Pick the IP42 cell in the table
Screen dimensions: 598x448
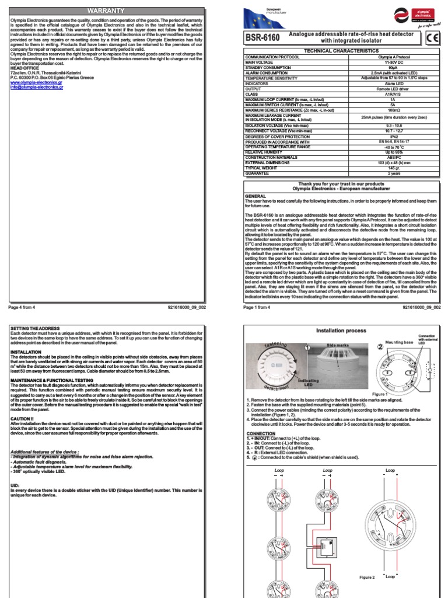tap(394, 136)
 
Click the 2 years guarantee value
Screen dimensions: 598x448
tap(394, 173)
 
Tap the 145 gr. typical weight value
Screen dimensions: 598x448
tap(394, 168)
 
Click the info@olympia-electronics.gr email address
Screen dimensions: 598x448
tap(37, 88)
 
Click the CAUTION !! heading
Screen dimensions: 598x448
tap(24, 403)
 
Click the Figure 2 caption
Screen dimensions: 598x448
tap(366, 576)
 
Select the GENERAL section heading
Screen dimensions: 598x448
tap(255, 196)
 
